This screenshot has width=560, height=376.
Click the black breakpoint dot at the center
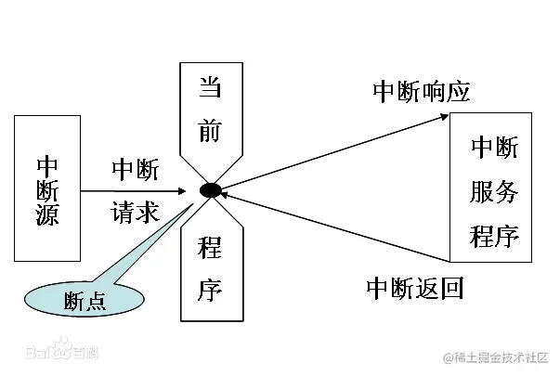tap(211, 191)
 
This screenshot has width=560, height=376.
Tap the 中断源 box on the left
tap(48, 187)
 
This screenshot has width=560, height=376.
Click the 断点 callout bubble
tap(84, 299)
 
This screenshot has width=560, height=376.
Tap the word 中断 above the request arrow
tap(136, 170)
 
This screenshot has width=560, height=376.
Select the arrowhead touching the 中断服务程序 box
tap(444, 118)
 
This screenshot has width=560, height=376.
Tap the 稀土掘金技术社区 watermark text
tap(496, 357)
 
